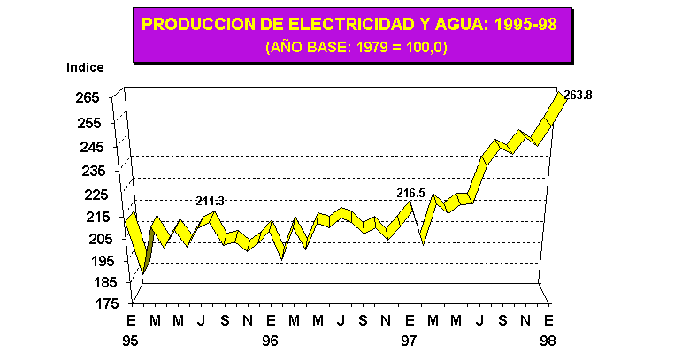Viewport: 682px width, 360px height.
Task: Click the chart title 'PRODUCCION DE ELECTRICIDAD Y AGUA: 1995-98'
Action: tap(349, 24)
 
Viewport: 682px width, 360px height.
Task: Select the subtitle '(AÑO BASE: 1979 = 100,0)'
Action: tap(356, 47)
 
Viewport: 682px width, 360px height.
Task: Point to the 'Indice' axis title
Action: tap(85, 67)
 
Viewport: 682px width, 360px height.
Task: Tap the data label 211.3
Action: tap(211, 202)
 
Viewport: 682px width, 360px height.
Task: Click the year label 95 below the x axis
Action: tap(133, 340)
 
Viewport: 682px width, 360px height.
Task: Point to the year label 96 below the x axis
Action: tap(271, 340)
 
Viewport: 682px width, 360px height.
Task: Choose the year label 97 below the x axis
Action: tap(410, 340)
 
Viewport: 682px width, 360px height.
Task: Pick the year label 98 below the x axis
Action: tap(548, 340)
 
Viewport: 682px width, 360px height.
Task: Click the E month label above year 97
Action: tap(410, 319)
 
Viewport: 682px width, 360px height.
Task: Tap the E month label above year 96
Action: tap(271, 319)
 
